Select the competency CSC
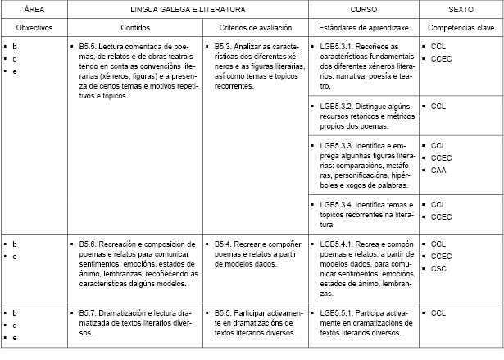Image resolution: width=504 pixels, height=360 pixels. point(438,267)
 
